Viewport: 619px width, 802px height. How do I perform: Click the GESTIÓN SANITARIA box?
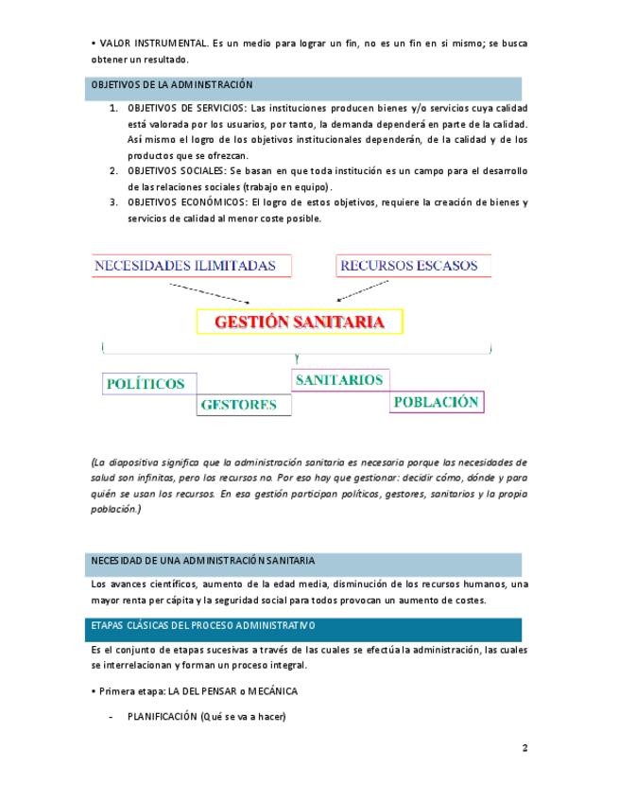pyautogui.click(x=299, y=322)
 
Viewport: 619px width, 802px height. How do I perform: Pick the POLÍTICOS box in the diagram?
pyautogui.click(x=148, y=384)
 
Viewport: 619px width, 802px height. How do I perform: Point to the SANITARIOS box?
pyautogui.click(x=339, y=380)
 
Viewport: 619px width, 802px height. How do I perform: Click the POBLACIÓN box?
pyautogui.click(x=436, y=401)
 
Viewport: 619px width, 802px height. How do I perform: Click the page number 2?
pyautogui.click(x=524, y=748)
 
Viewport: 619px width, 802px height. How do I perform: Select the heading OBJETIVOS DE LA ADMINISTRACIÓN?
pyautogui.click(x=172, y=85)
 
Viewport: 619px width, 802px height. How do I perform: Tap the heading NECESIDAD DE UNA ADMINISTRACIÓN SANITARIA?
pyautogui.click(x=203, y=561)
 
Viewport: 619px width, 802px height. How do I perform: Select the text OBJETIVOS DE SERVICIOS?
pyautogui.click(x=185, y=109)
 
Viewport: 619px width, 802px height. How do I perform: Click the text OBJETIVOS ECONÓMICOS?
pyautogui.click(x=187, y=202)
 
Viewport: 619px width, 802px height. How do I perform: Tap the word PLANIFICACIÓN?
pyautogui.click(x=162, y=716)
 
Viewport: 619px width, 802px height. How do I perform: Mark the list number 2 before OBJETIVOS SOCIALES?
pyautogui.click(x=113, y=170)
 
